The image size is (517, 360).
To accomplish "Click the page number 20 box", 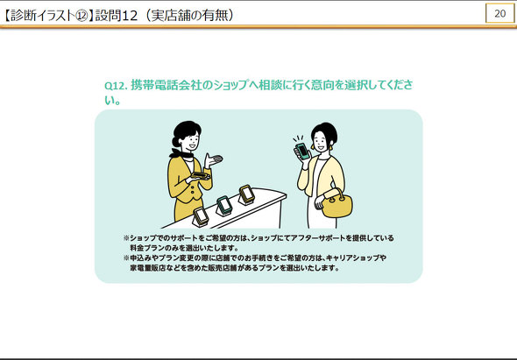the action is pyautogui.click(x=499, y=13).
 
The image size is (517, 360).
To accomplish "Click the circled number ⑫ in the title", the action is pyautogui.click(x=81, y=16).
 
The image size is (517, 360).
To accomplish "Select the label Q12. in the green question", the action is pyautogui.click(x=116, y=85).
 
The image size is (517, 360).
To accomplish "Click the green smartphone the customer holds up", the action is pyautogui.click(x=302, y=152).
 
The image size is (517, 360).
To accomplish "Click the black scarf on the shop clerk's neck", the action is pyautogui.click(x=181, y=153).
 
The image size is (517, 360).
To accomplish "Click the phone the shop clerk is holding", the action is pyautogui.click(x=200, y=175).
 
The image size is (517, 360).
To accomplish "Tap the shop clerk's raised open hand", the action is pyautogui.click(x=213, y=160).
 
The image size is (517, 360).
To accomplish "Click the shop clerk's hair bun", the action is pyautogui.click(x=176, y=142).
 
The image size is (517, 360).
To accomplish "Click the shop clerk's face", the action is pyautogui.click(x=191, y=141).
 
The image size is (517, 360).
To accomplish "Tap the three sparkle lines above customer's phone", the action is pyautogui.click(x=298, y=138).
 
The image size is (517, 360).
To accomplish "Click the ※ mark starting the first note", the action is pyautogui.click(x=126, y=237).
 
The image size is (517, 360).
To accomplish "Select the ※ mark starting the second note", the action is pyautogui.click(x=126, y=258).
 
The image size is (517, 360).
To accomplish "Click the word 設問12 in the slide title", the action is pyautogui.click(x=116, y=16).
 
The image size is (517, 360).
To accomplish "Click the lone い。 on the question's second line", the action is pyautogui.click(x=112, y=100).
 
